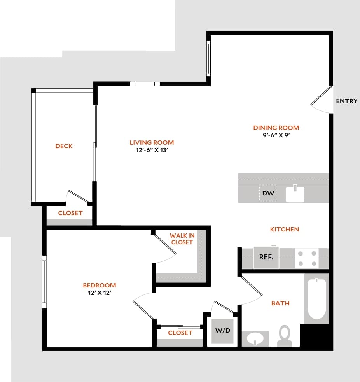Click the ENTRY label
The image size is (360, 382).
point(346,101)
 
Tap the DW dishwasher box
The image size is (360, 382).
point(268,193)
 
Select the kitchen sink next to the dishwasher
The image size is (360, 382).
point(295,194)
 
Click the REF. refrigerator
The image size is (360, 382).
point(266,258)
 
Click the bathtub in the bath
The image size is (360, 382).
point(316,298)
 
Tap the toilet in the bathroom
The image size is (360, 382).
point(285,335)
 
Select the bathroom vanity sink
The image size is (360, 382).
point(255,338)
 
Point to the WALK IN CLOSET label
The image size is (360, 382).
point(182,239)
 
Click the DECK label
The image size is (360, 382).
point(64,146)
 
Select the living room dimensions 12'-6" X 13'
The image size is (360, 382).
point(152,150)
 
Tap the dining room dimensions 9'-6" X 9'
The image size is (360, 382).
point(276,135)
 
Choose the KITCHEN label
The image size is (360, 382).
point(285,230)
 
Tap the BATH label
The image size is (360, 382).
point(280,303)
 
